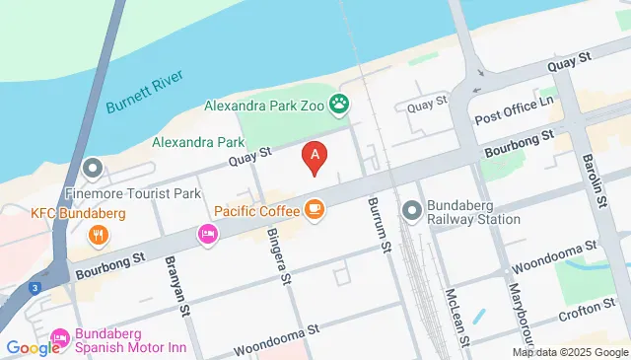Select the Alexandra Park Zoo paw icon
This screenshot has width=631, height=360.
(x=339, y=102)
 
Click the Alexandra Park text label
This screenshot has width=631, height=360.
(x=198, y=142)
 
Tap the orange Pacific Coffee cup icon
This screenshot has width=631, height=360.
(x=315, y=208)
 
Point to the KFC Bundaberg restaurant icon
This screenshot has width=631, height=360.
(x=98, y=235)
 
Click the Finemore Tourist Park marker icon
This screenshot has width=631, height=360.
(x=93, y=168)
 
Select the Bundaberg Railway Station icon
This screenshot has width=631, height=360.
(x=412, y=209)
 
